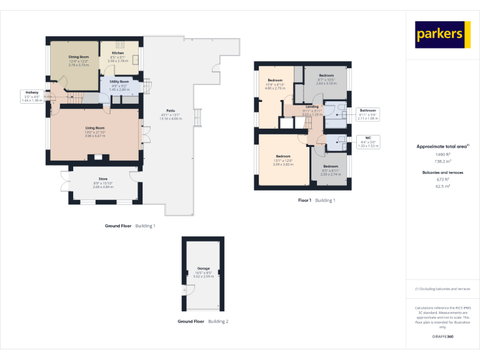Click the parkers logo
[x=442, y=34]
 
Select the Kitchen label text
[x=117, y=53]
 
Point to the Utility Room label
[x=119, y=82]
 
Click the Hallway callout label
[x=31, y=92]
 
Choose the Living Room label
[x=95, y=127]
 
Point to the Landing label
[x=312, y=107]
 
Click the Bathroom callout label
[x=367, y=111]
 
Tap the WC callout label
[x=367, y=137]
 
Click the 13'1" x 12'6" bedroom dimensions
[x=283, y=160]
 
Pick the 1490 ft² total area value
[x=442, y=153]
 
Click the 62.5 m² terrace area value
[x=442, y=186]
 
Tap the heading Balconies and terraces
[x=442, y=172]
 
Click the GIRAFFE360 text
[x=442, y=336]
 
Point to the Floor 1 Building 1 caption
[x=316, y=201]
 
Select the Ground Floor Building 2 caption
[x=202, y=321]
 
